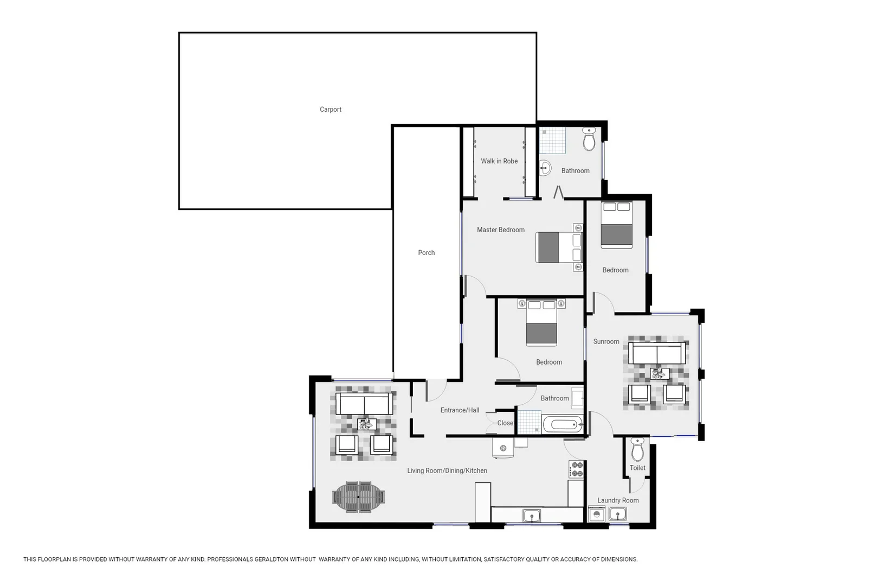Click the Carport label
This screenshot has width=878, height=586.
(x=331, y=110)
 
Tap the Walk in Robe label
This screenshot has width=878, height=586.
(x=499, y=161)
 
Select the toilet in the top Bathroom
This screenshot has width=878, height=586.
(x=589, y=139)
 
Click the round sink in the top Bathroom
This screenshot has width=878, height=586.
(x=545, y=168)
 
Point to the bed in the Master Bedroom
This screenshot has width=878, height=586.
(x=558, y=247)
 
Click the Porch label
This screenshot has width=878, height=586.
(x=427, y=253)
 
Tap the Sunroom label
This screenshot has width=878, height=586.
(x=606, y=342)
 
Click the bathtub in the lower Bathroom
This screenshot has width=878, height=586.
(x=563, y=424)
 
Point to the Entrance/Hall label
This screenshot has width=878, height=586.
(x=460, y=410)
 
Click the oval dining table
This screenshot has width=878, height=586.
(x=359, y=497)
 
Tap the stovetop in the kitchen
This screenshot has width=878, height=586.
(x=576, y=469)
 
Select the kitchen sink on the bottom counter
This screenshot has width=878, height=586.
(x=532, y=515)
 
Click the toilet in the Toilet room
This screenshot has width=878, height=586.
(x=637, y=449)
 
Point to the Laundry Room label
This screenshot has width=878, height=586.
(x=618, y=500)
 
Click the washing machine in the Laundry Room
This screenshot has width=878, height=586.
(x=597, y=514)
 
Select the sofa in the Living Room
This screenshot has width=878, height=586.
(x=364, y=404)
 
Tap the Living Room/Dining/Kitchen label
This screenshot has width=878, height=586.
(x=447, y=471)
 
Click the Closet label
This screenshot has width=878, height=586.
(x=506, y=423)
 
